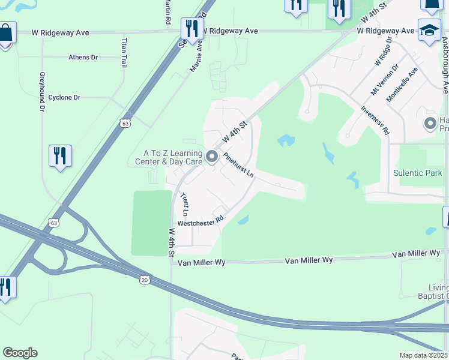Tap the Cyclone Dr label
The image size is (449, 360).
click(64, 97)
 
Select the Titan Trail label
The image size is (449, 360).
click(124, 53)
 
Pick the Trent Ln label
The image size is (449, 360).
click(185, 205)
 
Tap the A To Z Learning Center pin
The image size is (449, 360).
click(211, 157)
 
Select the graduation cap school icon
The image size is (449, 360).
click(429, 31)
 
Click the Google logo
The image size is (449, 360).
click(20, 353)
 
